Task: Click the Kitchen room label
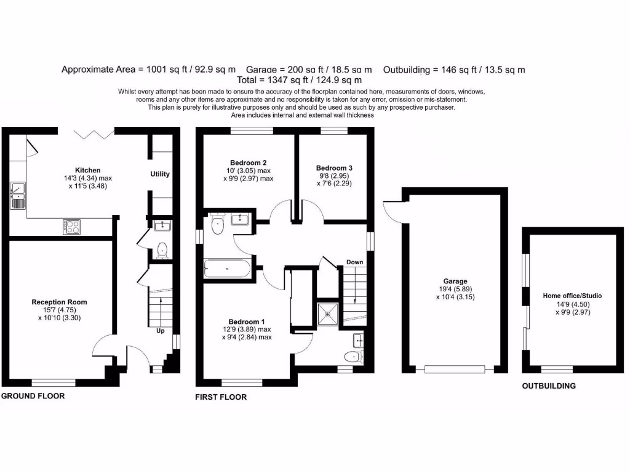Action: (x=88, y=170)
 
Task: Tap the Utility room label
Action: (x=160, y=174)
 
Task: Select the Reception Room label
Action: (x=60, y=302)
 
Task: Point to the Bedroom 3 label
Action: (x=334, y=168)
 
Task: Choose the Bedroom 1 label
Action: (x=247, y=321)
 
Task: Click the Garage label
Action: (x=456, y=281)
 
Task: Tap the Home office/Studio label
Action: (x=572, y=296)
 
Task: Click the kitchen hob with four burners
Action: (x=71, y=227)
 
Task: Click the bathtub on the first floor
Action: (x=227, y=269)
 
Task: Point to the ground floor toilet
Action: (x=162, y=250)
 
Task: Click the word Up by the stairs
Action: (x=161, y=330)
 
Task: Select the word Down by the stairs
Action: (x=354, y=262)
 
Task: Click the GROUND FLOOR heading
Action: (x=33, y=396)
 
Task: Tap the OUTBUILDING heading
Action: (x=549, y=386)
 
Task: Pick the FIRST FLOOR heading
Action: (x=221, y=397)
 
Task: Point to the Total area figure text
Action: (x=299, y=80)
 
